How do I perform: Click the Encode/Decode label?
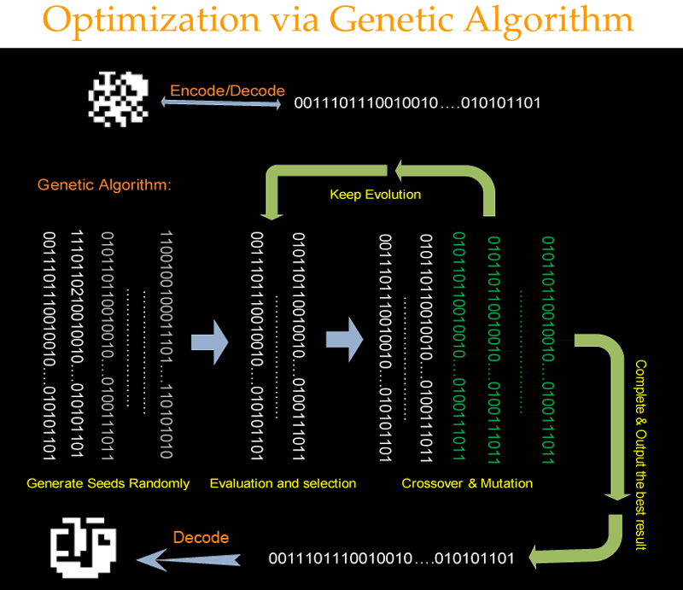click(x=227, y=91)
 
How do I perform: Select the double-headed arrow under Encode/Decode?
click(x=220, y=104)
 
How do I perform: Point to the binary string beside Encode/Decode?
click(x=417, y=103)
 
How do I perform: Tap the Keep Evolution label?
click(x=375, y=195)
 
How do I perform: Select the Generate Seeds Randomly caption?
click(x=108, y=483)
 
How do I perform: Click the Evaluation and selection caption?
click(x=283, y=483)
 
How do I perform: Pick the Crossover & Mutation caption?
click(x=467, y=483)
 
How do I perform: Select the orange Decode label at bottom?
click(x=201, y=538)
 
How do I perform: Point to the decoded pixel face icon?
click(x=86, y=547)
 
